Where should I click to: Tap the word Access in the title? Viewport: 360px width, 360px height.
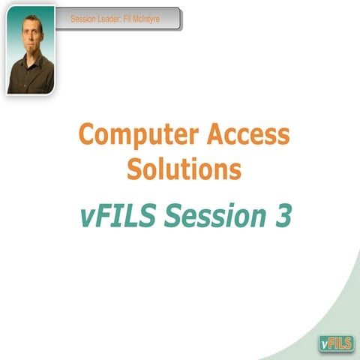tap(247, 136)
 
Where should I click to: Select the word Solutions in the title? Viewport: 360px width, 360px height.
tap(184, 169)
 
